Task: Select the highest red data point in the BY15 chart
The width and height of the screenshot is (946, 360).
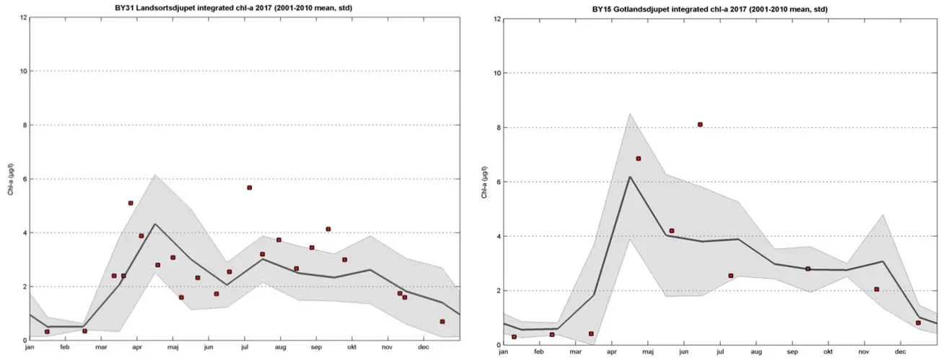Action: [x=700, y=125]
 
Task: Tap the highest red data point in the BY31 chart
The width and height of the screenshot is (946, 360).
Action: [x=249, y=188]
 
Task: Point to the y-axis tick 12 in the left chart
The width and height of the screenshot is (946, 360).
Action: [x=24, y=17]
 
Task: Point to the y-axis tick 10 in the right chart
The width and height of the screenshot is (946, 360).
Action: [x=497, y=73]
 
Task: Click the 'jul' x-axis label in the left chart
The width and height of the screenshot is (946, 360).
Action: [x=243, y=348]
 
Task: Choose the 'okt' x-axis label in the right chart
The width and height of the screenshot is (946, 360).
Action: [x=828, y=352]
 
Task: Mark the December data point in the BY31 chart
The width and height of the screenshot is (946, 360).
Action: [x=442, y=322]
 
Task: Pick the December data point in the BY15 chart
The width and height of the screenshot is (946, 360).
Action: [x=918, y=322]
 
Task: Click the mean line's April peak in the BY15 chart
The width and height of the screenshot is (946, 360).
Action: [x=630, y=177]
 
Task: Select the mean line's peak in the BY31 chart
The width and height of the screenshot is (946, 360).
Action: [x=155, y=224]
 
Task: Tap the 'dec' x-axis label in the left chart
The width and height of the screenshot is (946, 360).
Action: [x=424, y=348]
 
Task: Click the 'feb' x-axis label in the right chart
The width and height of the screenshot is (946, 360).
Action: [x=539, y=352]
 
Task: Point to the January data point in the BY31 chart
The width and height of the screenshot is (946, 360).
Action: [x=47, y=332]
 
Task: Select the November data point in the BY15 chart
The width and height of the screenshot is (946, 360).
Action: [x=876, y=289]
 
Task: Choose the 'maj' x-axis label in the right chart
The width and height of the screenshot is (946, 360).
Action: [x=647, y=352]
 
